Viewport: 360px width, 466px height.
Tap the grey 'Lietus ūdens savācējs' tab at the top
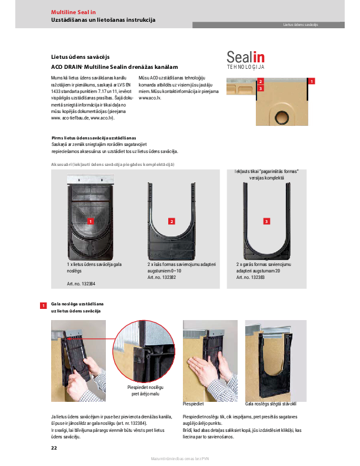click(300, 25)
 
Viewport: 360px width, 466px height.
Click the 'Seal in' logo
click(246, 58)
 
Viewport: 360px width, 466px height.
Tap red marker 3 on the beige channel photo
click(261, 88)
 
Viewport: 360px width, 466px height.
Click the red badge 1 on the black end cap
click(90, 221)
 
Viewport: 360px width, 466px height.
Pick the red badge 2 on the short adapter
click(172, 221)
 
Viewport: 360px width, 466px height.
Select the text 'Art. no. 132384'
click(81, 284)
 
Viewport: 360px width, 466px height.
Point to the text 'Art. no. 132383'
click(251, 277)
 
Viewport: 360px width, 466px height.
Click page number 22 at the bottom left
click(54, 448)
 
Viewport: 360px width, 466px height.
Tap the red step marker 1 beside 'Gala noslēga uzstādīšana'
click(43, 306)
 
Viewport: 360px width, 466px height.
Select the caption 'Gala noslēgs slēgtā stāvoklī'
click(271, 404)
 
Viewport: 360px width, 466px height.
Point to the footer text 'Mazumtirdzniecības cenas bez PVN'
click(179, 459)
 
